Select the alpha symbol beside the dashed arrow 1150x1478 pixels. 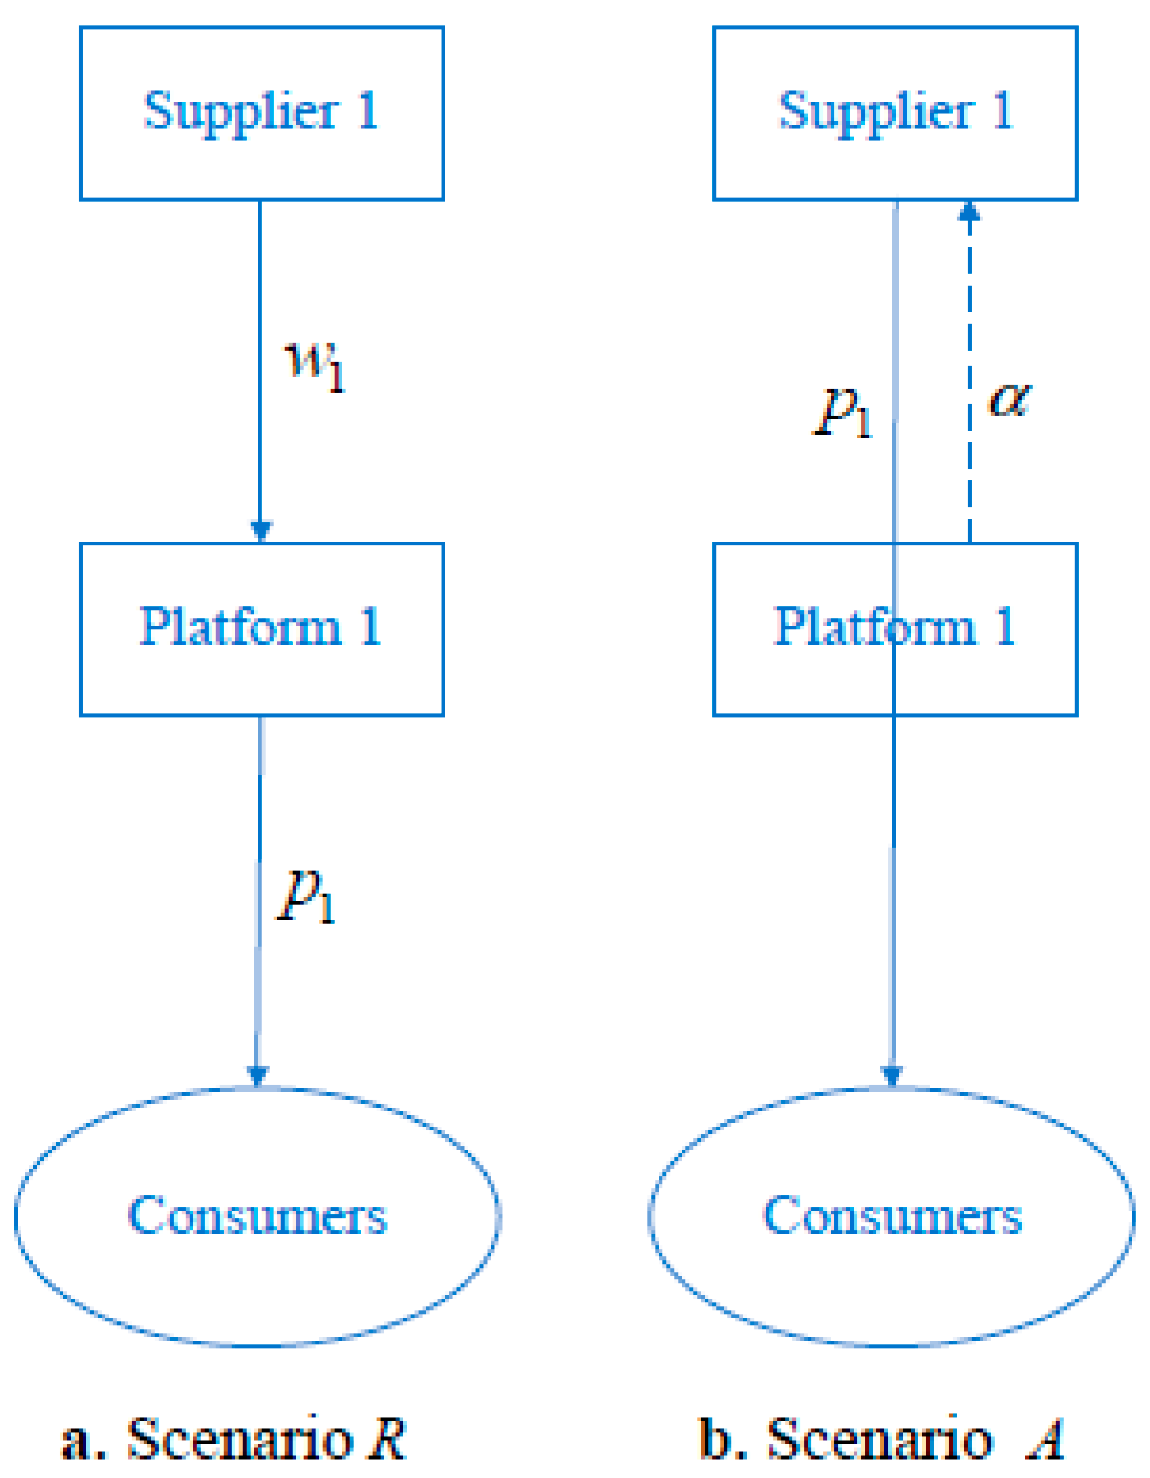(1009, 399)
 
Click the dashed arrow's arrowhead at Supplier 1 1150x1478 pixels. (969, 211)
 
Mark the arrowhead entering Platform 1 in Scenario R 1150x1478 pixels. (261, 531)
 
